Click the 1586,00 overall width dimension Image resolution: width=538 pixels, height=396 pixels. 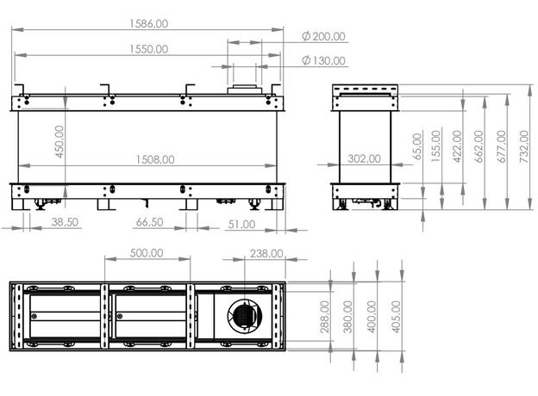click(x=149, y=23)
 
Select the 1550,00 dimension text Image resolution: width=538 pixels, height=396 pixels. click(x=149, y=49)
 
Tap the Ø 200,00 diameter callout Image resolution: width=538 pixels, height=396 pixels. click(x=323, y=36)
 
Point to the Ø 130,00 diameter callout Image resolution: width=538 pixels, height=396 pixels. click(x=323, y=60)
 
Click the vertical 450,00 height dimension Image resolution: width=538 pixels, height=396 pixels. click(x=59, y=141)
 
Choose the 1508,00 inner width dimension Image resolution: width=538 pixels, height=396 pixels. click(x=155, y=159)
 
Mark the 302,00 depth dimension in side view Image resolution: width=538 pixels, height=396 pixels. click(x=364, y=158)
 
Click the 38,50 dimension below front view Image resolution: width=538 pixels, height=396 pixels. click(x=65, y=222)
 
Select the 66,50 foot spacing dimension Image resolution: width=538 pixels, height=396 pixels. click(x=150, y=222)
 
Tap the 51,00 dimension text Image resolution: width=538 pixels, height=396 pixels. click(x=241, y=225)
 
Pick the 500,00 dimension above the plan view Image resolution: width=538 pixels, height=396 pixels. click(x=147, y=253)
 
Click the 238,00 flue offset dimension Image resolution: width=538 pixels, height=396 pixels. click(x=266, y=254)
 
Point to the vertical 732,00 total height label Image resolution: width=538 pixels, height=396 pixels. click(x=524, y=146)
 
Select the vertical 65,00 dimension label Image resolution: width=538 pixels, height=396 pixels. click(x=417, y=146)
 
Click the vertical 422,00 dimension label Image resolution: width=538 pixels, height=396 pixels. click(x=457, y=146)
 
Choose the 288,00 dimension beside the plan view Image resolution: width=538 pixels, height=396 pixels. click(x=324, y=317)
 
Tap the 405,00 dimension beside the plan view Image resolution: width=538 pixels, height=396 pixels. click(x=396, y=317)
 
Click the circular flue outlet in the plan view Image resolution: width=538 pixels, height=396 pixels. click(x=245, y=315)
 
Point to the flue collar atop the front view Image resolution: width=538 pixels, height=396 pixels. click(x=245, y=89)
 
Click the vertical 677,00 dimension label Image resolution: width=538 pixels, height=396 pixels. click(x=501, y=146)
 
